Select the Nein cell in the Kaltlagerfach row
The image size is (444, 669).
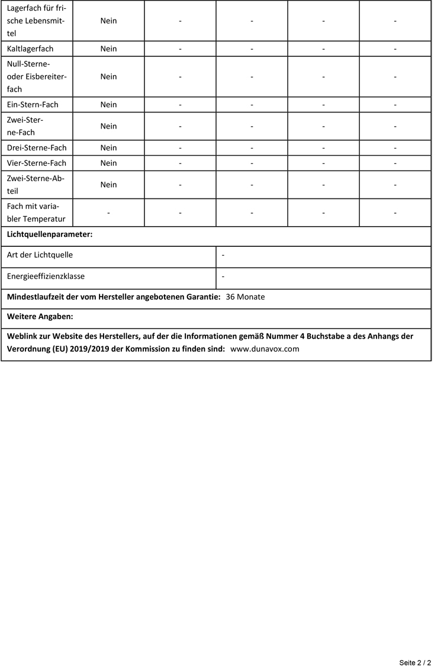[109, 49]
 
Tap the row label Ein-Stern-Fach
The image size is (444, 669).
[33, 105]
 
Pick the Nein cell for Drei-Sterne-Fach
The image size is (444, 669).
[109, 148]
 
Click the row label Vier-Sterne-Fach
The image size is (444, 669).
[37, 163]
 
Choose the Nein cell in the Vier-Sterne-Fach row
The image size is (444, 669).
[109, 163]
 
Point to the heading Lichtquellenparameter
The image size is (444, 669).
[50, 235]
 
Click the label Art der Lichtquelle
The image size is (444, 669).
[40, 255]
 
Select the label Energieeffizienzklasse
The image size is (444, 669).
[46, 276]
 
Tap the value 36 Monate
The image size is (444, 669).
[245, 297]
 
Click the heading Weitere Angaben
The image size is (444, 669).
[40, 317]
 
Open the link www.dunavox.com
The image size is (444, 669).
[265, 349]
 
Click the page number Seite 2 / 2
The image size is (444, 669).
[414, 662]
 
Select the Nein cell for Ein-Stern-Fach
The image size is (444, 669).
[109, 105]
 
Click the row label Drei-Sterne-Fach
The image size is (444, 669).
[37, 148]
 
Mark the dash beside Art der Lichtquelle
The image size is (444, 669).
[223, 255]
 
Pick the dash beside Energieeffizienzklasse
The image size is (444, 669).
[223, 276]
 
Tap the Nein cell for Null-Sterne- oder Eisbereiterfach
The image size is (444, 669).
[109, 76]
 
